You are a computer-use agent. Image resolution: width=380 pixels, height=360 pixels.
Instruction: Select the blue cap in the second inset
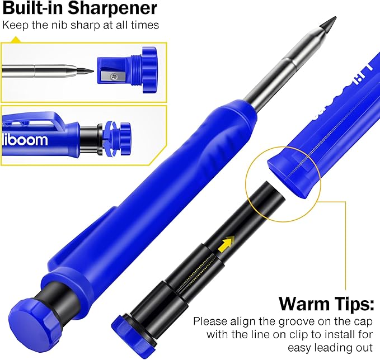[x=121, y=137]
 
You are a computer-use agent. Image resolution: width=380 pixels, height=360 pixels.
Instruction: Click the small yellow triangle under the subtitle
[x=15, y=40]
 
